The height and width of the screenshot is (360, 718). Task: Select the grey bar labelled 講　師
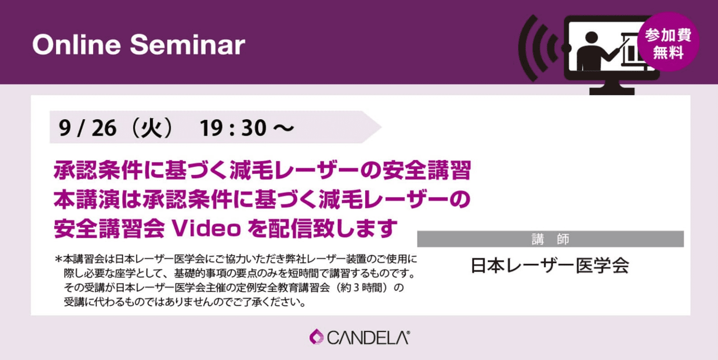pyautogui.click(x=550, y=239)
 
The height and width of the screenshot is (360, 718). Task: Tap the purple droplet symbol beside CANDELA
pyautogui.click(x=316, y=337)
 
